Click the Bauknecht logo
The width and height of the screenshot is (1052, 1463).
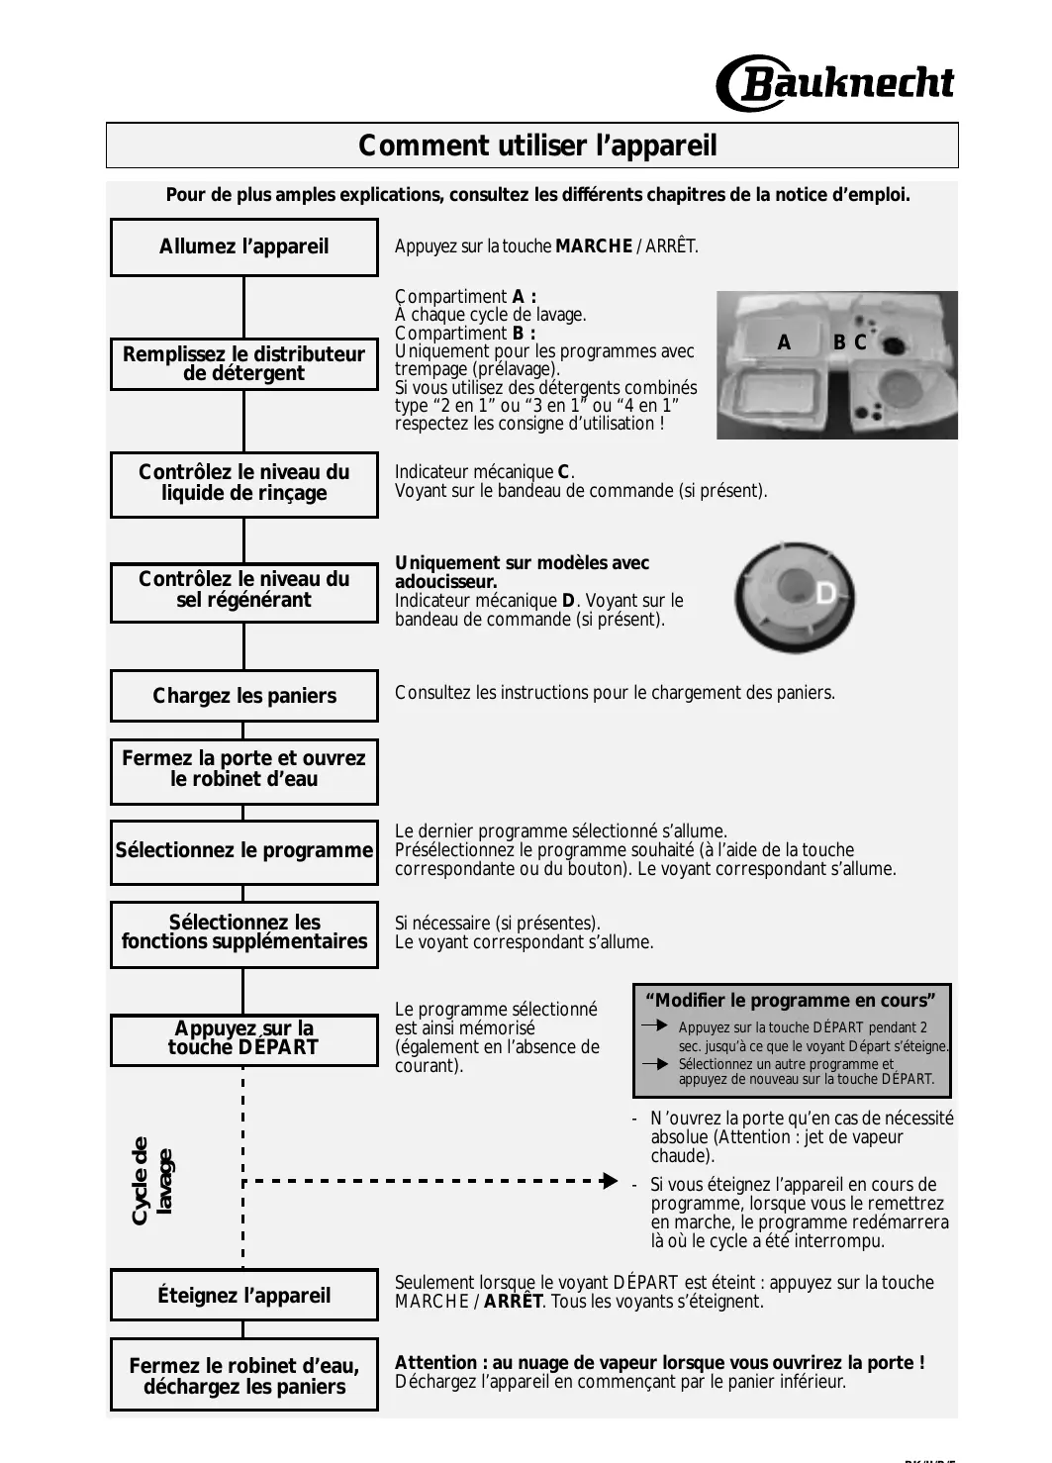click(835, 84)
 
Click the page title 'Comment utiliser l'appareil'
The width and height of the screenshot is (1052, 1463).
click(537, 146)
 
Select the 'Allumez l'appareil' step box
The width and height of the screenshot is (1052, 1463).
click(243, 246)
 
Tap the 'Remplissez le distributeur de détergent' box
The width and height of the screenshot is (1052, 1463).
click(243, 363)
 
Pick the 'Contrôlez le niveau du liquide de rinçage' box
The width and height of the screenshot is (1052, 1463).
click(243, 483)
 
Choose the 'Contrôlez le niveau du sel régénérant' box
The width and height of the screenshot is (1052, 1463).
click(243, 591)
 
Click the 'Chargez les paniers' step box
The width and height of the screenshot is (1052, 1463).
click(243, 696)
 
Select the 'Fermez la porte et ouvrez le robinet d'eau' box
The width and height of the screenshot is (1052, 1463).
click(243, 770)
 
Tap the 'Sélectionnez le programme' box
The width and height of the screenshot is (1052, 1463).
click(243, 851)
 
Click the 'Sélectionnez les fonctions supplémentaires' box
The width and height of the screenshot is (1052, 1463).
click(243, 932)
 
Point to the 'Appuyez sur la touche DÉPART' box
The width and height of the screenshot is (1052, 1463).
click(243, 1038)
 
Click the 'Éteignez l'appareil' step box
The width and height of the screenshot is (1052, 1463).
click(243, 1295)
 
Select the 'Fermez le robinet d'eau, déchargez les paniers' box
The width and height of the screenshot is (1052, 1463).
click(243, 1376)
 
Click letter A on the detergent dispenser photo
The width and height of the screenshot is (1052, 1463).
click(784, 343)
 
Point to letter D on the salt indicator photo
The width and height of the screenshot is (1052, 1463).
click(825, 593)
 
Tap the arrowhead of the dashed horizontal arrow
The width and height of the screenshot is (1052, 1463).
click(610, 1180)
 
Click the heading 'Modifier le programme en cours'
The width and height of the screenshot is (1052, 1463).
click(791, 1000)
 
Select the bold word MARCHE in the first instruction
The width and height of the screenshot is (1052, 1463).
click(594, 246)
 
